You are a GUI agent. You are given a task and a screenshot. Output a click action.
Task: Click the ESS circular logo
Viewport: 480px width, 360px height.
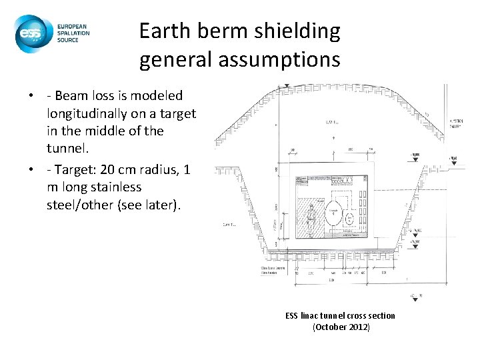(31, 33)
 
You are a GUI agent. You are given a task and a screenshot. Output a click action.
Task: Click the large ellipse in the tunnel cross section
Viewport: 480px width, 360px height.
(331, 215)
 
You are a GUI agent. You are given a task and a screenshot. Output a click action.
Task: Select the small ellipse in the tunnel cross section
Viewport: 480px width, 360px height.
(348, 217)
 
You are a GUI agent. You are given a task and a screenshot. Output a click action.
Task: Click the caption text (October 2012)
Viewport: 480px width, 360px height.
(340, 327)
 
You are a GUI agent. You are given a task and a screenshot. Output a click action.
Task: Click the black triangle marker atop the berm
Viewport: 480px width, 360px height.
(285, 87)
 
